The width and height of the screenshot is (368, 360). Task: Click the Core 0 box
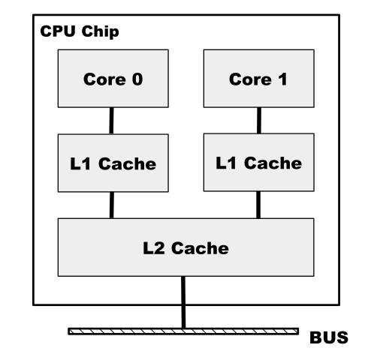coord(113,79)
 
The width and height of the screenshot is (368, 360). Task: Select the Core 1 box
coord(259,79)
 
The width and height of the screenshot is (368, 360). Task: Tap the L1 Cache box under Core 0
coord(113,163)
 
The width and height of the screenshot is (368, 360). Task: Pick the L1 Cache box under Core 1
coord(259,163)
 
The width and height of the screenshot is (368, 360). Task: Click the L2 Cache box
coord(186,247)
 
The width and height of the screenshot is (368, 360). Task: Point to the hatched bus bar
coord(183,331)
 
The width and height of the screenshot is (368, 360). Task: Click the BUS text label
coord(329,337)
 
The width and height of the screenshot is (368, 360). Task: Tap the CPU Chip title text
coord(80,31)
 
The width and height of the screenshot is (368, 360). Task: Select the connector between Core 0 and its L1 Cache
coord(111,121)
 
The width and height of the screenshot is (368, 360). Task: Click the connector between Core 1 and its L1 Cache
coord(259,121)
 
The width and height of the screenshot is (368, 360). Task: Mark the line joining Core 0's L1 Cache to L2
coord(112,205)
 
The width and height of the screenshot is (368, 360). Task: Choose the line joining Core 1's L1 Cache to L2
coord(258,205)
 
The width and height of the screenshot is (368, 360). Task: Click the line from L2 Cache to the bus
coord(183,302)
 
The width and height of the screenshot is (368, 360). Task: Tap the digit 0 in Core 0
coord(137,79)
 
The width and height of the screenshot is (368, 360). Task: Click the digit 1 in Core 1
coord(282,79)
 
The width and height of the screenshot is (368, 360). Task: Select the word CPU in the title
coord(58,31)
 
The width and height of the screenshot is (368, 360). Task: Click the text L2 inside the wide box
coord(154,248)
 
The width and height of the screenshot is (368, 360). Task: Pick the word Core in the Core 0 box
coord(104,79)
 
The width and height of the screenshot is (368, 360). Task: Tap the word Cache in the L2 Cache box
coord(200,248)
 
